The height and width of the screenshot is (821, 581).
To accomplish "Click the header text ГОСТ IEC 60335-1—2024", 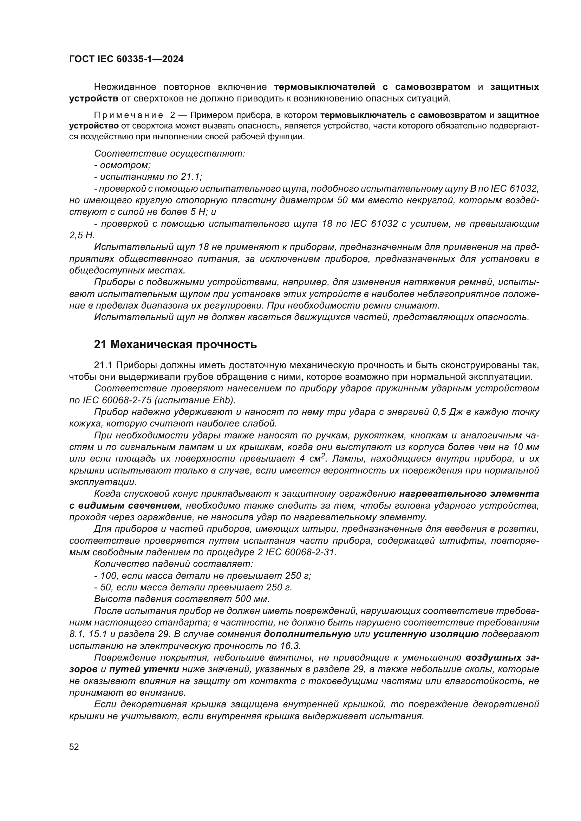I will tap(126, 59).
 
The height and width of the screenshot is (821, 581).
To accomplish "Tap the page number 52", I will tap(74, 747).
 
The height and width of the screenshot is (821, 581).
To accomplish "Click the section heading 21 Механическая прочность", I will tap(175, 344).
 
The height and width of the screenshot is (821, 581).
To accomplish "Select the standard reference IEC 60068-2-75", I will tap(112, 400).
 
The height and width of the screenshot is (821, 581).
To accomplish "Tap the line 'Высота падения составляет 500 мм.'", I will tap(182, 599).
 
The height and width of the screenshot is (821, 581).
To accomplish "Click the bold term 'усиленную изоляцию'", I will tap(426, 634).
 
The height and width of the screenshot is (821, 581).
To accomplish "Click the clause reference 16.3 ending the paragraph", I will tap(291, 646).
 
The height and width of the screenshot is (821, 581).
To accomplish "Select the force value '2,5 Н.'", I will tap(82, 235).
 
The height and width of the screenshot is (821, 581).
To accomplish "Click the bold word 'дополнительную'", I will tap(307, 634).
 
